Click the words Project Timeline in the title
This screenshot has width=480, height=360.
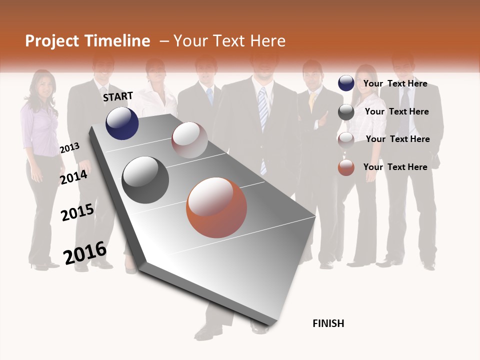(87, 41)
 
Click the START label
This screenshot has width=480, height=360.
(118, 96)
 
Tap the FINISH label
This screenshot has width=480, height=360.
(328, 323)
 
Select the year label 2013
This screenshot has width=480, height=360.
(69, 148)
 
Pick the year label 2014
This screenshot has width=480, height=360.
(73, 177)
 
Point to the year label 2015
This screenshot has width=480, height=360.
(77, 212)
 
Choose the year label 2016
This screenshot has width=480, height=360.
(85, 253)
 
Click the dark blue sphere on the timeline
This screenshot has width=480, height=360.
(122, 123)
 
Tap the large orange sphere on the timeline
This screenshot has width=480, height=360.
(216, 207)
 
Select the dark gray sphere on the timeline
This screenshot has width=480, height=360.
(145, 180)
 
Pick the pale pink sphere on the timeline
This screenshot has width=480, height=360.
(189, 140)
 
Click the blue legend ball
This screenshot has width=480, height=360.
(346, 83)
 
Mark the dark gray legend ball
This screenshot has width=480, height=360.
(346, 112)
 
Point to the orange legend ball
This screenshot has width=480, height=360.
(346, 167)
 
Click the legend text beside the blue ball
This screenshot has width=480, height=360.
(395, 83)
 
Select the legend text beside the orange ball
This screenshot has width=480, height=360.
(395, 167)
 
